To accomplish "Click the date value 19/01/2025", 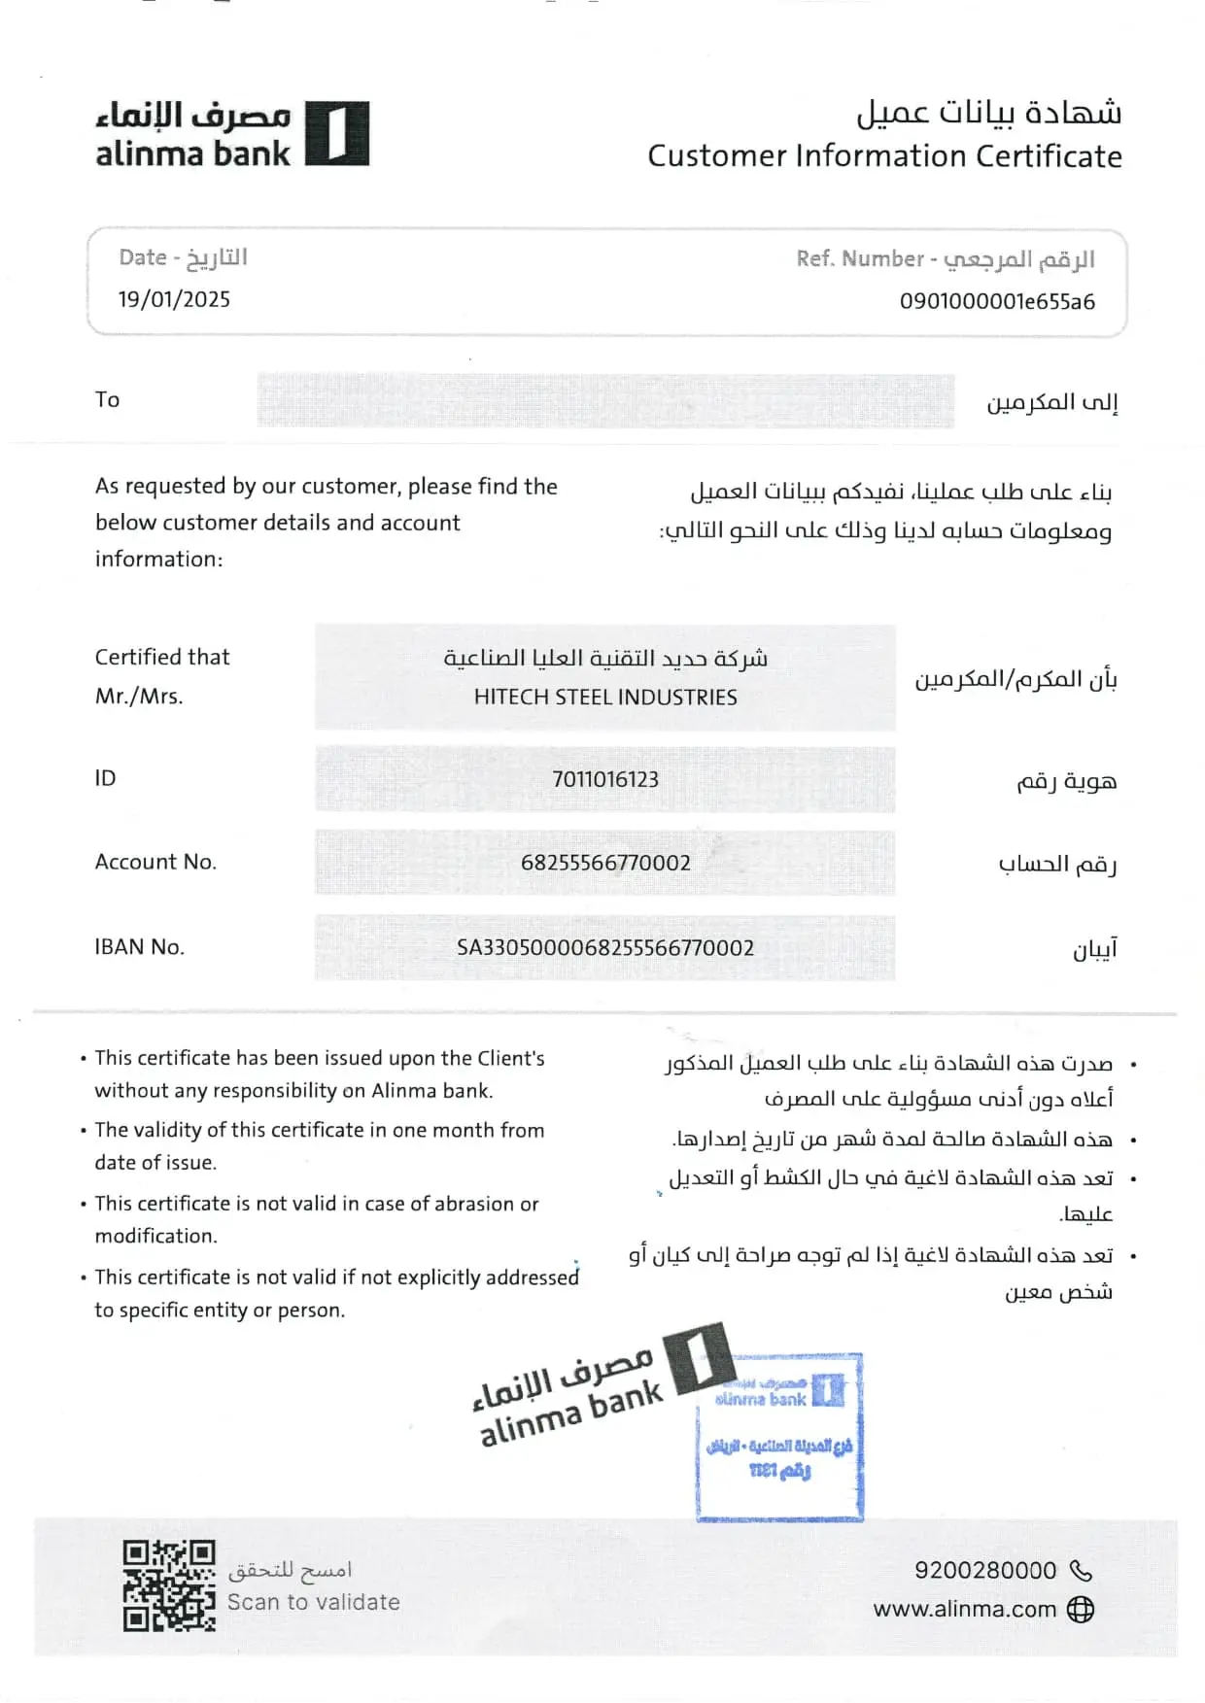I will pyautogui.click(x=175, y=299).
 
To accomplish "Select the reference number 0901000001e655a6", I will pyautogui.click(x=997, y=301).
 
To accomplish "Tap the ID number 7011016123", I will pyautogui.click(x=604, y=779).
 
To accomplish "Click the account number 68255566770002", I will pyautogui.click(x=605, y=863).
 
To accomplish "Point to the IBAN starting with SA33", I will pyautogui.click(x=605, y=947).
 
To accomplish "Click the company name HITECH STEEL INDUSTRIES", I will pyautogui.click(x=605, y=698).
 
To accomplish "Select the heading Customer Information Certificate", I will pyautogui.click(x=884, y=156).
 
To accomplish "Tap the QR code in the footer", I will pyautogui.click(x=168, y=1585).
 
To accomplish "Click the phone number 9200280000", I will pyautogui.click(x=984, y=1570).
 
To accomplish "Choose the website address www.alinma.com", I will pyautogui.click(x=964, y=1609).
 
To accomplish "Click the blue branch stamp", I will pyautogui.click(x=779, y=1436).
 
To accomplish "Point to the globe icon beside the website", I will pyautogui.click(x=1081, y=1610).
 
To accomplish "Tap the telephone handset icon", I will pyautogui.click(x=1081, y=1570).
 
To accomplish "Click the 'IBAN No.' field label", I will pyautogui.click(x=139, y=947).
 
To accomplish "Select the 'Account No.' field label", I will pyautogui.click(x=155, y=862).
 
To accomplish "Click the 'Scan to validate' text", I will pyautogui.click(x=313, y=1603).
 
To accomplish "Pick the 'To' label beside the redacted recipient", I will pyautogui.click(x=107, y=399).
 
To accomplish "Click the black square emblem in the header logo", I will pyautogui.click(x=336, y=133).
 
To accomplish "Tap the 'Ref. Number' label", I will pyautogui.click(x=860, y=258).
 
